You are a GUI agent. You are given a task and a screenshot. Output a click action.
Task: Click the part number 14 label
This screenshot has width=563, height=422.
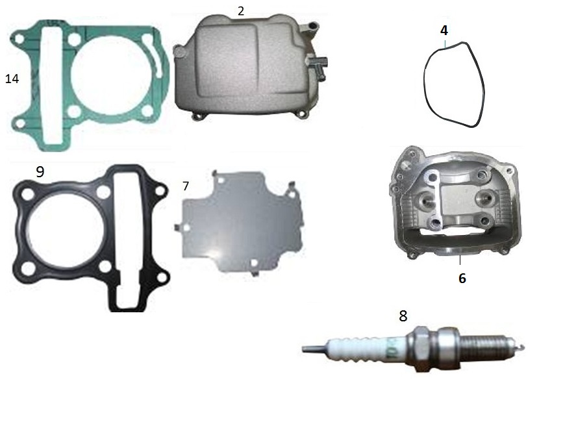(x=12, y=79)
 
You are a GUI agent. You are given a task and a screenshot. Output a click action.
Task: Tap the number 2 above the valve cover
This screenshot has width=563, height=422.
(x=240, y=11)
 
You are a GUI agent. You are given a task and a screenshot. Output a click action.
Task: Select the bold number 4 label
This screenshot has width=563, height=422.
(x=444, y=31)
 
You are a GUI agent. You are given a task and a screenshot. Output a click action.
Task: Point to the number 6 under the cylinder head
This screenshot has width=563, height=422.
(x=462, y=278)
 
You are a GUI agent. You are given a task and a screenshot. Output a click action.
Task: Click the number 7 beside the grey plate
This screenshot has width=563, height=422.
(x=185, y=186)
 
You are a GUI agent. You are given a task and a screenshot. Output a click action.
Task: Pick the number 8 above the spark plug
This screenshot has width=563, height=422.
(x=403, y=316)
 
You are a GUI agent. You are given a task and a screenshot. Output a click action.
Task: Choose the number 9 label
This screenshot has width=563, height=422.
(x=40, y=172)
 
